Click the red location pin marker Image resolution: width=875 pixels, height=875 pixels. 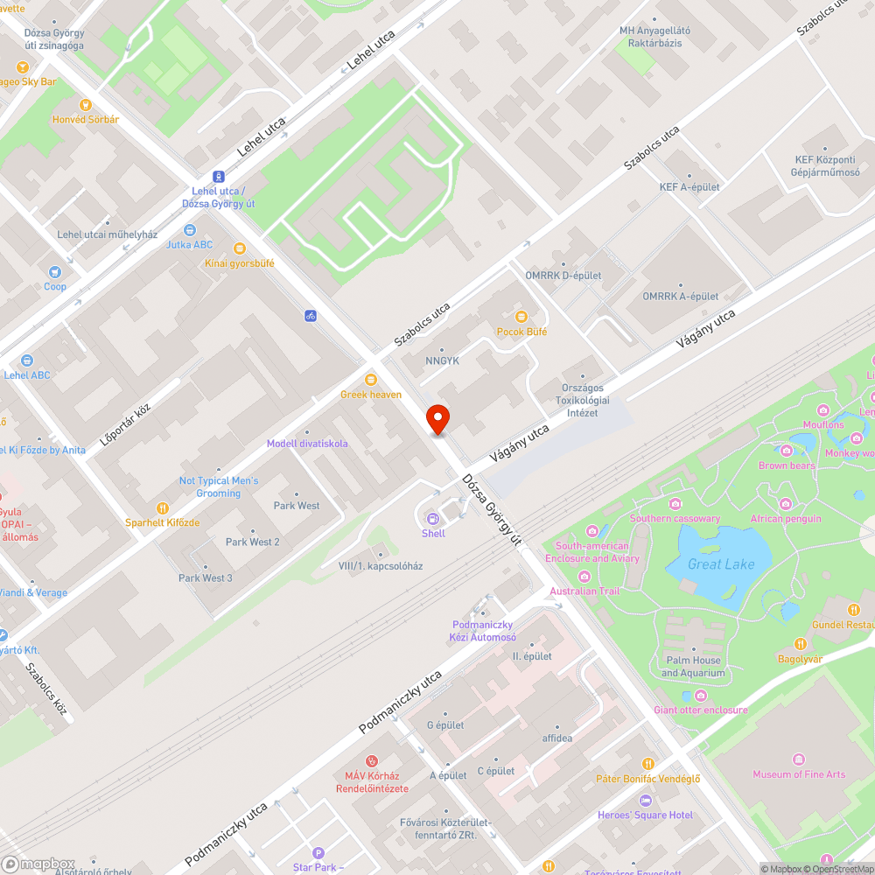point(437,419)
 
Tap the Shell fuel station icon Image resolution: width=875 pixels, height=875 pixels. point(433,517)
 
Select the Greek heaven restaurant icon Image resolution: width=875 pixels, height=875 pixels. point(371,379)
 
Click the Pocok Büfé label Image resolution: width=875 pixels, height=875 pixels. point(521,332)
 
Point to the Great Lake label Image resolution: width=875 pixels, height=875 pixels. point(717,564)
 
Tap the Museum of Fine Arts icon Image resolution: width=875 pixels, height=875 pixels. point(798,759)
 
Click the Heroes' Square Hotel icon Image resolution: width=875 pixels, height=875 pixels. point(646,800)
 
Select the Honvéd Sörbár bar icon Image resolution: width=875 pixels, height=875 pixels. point(85,104)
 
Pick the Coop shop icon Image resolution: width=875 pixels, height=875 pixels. point(55,272)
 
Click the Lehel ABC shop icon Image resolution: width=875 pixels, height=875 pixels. point(27,360)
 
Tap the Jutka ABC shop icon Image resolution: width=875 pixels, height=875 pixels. point(189,230)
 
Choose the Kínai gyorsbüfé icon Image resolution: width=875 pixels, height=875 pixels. point(239,248)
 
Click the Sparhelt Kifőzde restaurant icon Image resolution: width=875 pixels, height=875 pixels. point(162,507)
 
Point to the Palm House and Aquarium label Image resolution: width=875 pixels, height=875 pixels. point(693,667)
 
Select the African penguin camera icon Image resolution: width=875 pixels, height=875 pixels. point(785,504)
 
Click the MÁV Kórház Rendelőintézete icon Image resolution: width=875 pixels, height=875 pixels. point(372,761)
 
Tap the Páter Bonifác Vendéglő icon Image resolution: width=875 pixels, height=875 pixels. point(647,764)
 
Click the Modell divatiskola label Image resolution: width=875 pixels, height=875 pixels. point(307,444)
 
